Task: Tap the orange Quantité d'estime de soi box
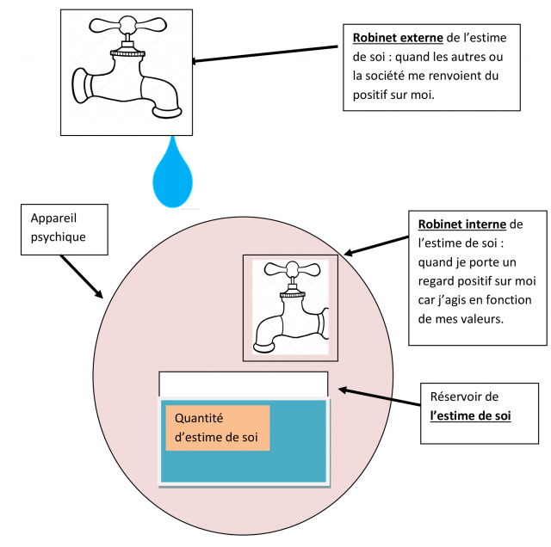[218, 427]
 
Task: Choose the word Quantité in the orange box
[198, 418]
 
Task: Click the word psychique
[59, 237]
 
